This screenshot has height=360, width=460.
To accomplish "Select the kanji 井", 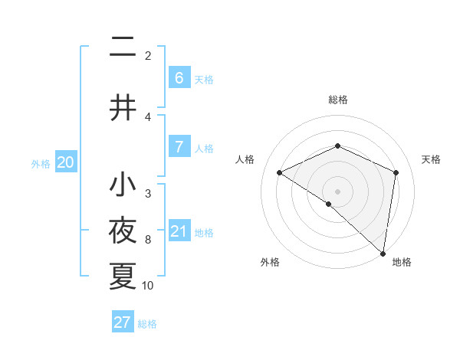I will click(x=123, y=109).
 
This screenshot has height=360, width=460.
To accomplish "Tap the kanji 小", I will click(x=123, y=185).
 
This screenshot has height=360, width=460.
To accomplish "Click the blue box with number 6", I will click(x=179, y=78).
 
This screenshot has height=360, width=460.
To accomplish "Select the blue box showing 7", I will click(x=179, y=147).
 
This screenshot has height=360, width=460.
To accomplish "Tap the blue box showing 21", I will click(x=179, y=231).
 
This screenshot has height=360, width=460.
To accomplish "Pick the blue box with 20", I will click(x=66, y=162).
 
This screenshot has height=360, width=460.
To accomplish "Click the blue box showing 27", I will click(x=123, y=322).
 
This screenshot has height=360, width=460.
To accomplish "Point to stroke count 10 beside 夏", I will click(x=148, y=286).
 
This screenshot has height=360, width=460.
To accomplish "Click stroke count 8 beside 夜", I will click(x=148, y=240).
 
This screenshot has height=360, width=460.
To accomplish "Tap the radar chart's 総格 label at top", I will click(x=338, y=100).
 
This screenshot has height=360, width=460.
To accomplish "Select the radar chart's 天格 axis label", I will click(x=432, y=159).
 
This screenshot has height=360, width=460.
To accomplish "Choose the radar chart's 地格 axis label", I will click(x=402, y=263).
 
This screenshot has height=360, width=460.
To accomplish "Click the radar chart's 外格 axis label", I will click(x=270, y=263).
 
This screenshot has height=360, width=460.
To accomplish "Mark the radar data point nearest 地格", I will click(x=383, y=253).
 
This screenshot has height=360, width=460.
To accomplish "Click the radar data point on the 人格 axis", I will click(x=280, y=172).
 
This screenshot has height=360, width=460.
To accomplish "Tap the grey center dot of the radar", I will click(x=338, y=191).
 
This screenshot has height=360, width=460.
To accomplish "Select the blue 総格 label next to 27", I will click(x=147, y=324).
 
